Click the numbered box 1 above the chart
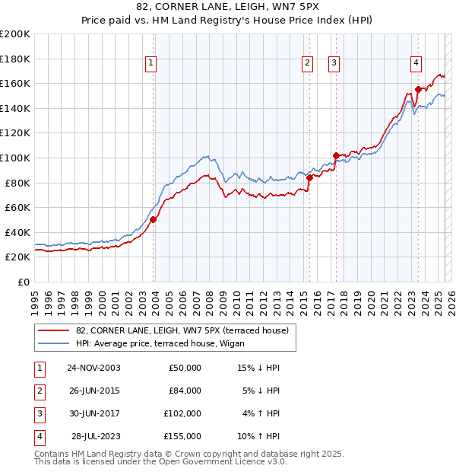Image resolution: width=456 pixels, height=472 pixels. click(x=151, y=63)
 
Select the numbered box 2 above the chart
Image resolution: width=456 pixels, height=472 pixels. click(x=307, y=63)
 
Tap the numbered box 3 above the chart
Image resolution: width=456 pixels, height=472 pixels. click(x=334, y=63)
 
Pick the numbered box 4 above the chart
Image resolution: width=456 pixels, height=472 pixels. click(x=416, y=63)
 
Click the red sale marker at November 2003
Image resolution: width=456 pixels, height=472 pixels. click(x=153, y=219)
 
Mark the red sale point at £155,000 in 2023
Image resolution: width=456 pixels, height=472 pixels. click(x=418, y=90)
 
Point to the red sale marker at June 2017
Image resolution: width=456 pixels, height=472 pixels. click(x=335, y=155)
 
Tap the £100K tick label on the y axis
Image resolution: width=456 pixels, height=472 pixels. click(x=15, y=158)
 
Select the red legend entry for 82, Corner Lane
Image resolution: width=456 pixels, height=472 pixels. click(x=182, y=330)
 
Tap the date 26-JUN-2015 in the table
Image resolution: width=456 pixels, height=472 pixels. click(x=94, y=391)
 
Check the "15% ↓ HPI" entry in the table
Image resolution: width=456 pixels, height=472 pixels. click(x=258, y=368)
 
